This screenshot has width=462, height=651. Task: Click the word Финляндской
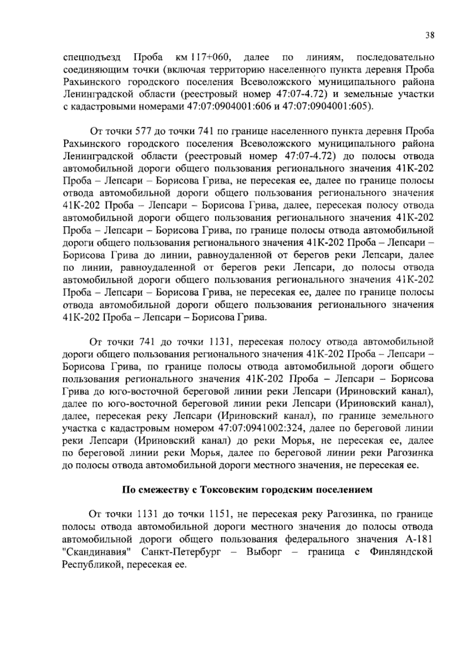point(401,552)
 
